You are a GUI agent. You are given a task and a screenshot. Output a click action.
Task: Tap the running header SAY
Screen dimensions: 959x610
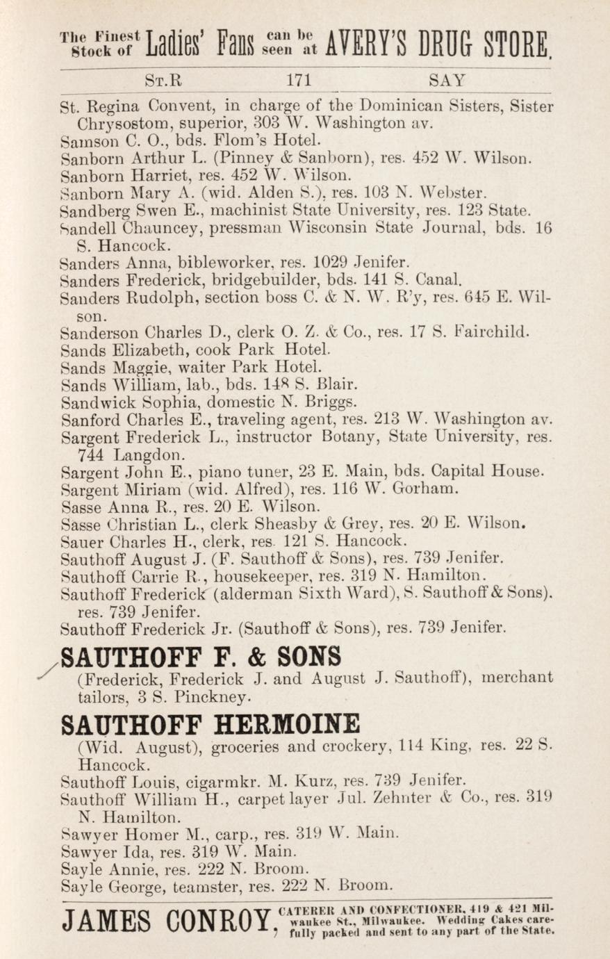click(447, 80)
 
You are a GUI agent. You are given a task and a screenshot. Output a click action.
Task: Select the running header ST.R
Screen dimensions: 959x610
click(164, 80)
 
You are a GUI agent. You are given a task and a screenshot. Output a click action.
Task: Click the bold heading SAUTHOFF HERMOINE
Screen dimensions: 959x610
click(211, 724)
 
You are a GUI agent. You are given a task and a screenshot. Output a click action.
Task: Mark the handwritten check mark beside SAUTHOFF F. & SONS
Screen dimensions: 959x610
click(50, 666)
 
